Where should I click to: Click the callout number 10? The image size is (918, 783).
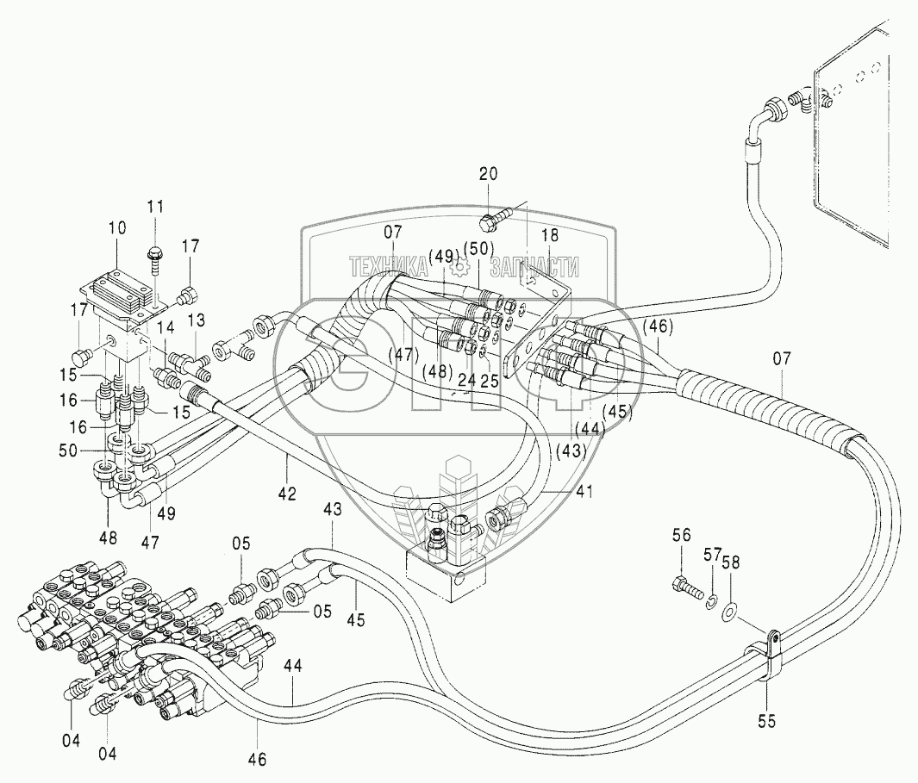click(x=117, y=228)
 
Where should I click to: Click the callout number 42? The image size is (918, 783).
click(x=287, y=494)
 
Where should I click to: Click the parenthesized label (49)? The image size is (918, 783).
click(x=443, y=256)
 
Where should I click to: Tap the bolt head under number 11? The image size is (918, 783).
click(x=155, y=252)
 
